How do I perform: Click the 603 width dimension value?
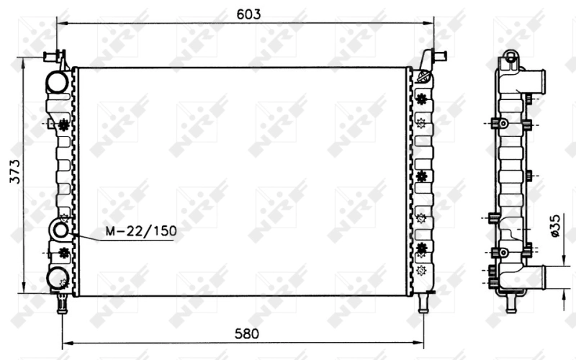(x=246, y=14)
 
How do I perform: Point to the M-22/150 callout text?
(x=141, y=231)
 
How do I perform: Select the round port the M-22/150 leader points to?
(x=60, y=231)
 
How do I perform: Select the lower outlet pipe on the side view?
(x=551, y=276)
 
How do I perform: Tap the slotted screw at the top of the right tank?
(x=423, y=75)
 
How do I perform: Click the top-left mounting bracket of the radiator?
(x=56, y=57)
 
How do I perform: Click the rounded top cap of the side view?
(x=510, y=56)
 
